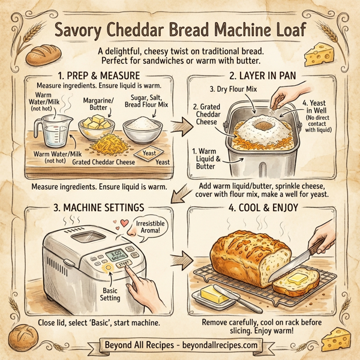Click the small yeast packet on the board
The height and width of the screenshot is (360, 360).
(146, 155)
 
